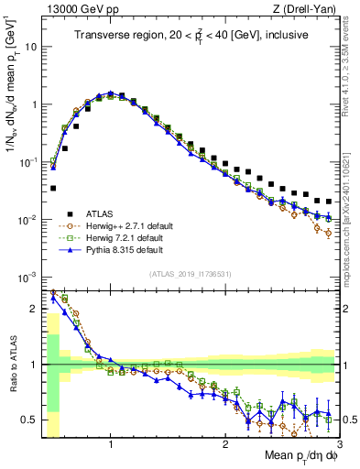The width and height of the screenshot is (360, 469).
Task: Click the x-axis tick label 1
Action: click(x=111, y=444)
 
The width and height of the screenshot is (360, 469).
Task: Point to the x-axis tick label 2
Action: click(x=225, y=444)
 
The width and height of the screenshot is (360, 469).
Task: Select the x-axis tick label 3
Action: click(x=338, y=444)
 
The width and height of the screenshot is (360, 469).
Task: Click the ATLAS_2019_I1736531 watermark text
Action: click(x=191, y=275)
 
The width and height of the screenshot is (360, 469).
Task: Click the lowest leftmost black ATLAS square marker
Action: click(x=53, y=188)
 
